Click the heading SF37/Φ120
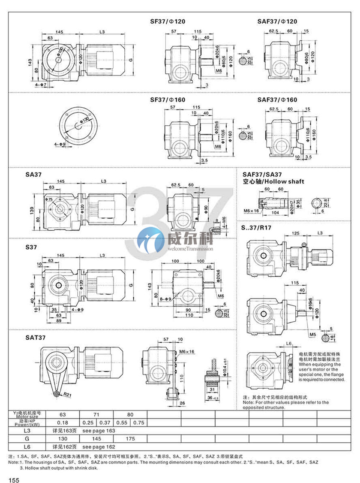(168, 21)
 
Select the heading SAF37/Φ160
(277, 100)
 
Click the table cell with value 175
(130, 439)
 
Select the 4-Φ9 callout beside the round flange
(60, 144)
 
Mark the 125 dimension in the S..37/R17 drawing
(295, 233)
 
